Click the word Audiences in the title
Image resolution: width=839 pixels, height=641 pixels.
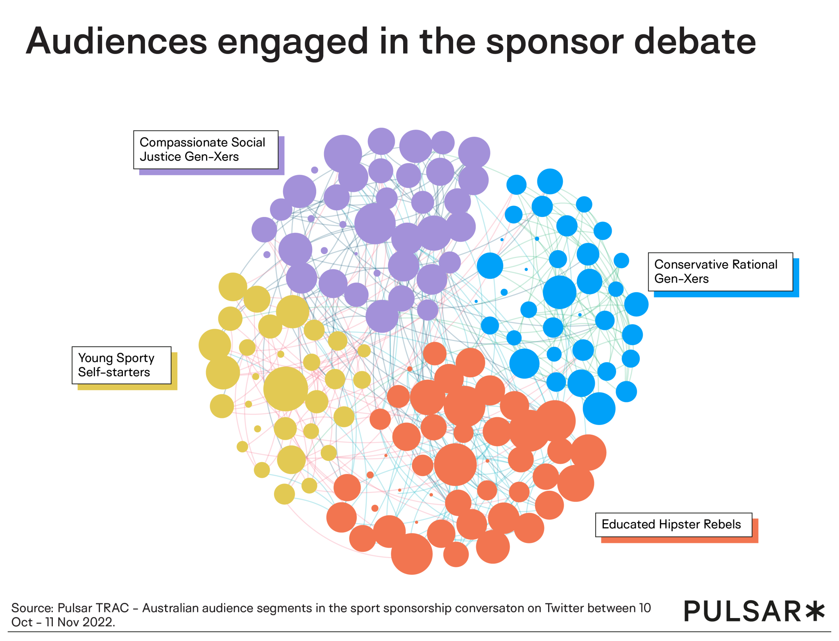tap(117, 42)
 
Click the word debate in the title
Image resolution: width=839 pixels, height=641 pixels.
tap(695, 42)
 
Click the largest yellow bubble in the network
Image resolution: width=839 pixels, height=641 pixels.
tap(286, 389)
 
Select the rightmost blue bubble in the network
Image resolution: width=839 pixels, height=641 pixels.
tap(636, 304)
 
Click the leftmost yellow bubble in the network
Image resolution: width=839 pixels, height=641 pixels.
tap(215, 345)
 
